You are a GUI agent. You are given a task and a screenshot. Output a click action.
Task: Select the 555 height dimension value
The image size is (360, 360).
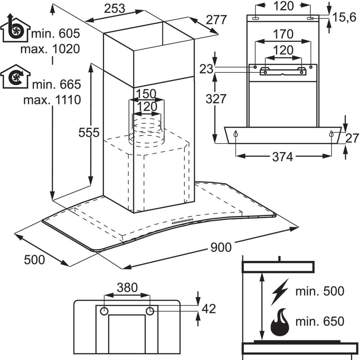(x=89, y=132)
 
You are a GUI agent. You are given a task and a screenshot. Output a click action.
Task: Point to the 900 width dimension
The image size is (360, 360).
(x=221, y=247)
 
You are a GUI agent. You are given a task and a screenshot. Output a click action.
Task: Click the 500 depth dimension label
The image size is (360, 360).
(x=34, y=260)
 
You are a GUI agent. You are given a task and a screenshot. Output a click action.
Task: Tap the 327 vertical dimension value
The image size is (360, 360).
(x=216, y=99)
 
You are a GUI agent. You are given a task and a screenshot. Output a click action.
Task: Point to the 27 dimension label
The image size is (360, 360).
(x=352, y=138)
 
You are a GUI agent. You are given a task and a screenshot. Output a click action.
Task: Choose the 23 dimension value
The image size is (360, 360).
(x=207, y=69)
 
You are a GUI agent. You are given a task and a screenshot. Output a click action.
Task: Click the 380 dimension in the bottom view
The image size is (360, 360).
(x=127, y=288)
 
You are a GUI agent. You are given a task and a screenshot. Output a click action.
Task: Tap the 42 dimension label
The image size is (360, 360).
(x=209, y=308)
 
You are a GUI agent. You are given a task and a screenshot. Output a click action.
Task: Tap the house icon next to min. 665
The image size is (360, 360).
(x=15, y=78)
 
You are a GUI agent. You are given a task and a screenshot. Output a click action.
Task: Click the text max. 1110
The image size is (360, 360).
(x=52, y=99)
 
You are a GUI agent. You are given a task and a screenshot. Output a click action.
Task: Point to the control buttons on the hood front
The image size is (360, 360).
(x=181, y=221)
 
